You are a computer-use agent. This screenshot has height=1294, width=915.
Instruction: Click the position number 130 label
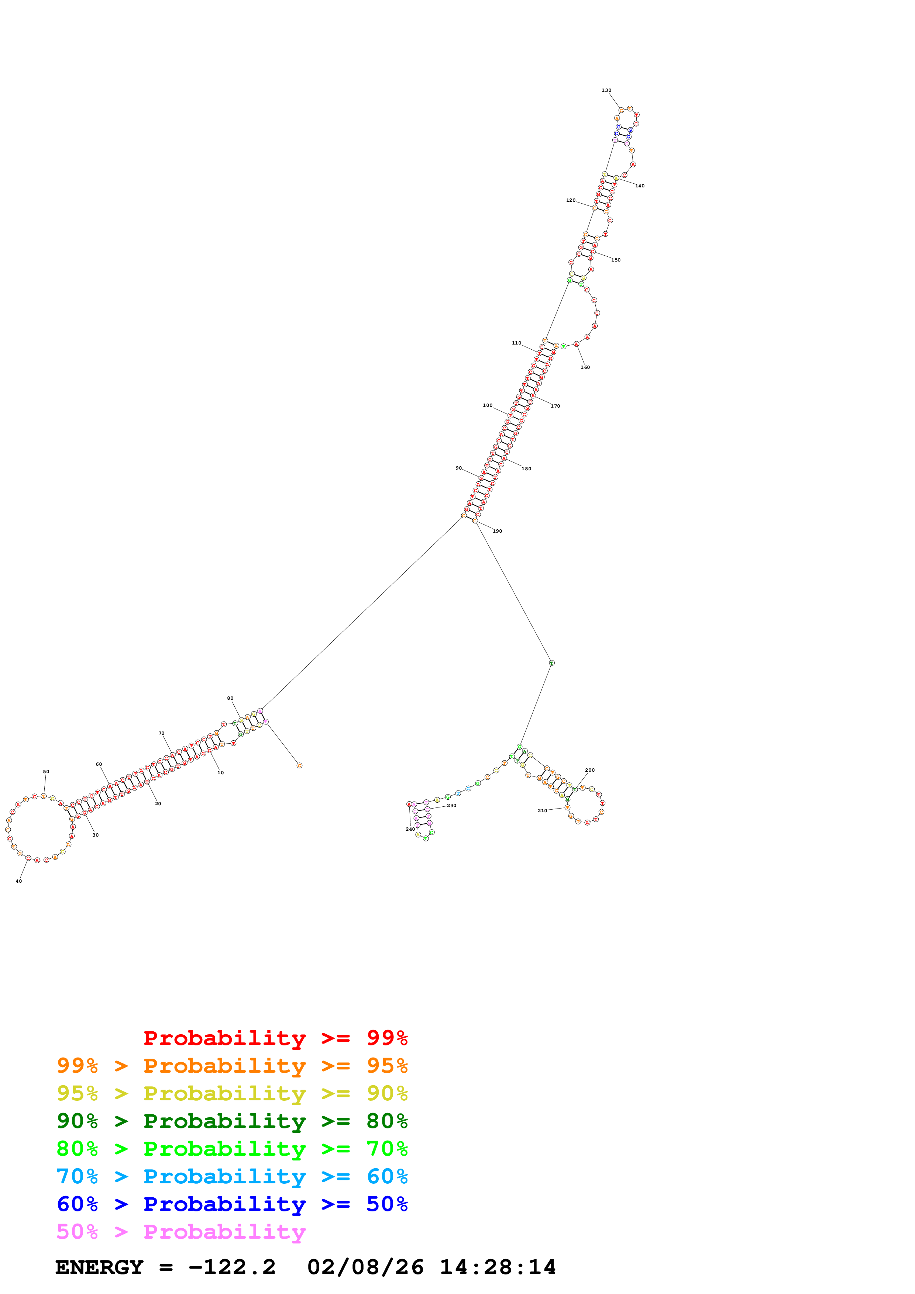click(x=606, y=90)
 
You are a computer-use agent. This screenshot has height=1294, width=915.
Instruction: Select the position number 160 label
click(x=585, y=367)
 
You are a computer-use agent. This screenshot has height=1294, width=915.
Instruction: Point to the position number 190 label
click(x=497, y=531)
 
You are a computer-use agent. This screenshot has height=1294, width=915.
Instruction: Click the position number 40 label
click(x=18, y=881)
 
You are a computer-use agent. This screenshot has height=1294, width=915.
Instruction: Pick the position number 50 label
click(x=46, y=772)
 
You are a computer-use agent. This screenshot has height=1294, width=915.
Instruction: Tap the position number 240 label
click(x=410, y=829)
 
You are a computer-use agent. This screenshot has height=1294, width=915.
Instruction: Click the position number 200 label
click(x=590, y=770)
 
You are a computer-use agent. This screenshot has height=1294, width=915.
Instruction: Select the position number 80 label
click(x=230, y=698)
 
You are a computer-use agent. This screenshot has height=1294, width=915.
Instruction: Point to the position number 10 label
click(x=220, y=773)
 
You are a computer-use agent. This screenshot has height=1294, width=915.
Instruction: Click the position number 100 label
click(x=487, y=405)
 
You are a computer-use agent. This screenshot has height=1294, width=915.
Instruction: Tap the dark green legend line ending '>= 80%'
click(x=232, y=1121)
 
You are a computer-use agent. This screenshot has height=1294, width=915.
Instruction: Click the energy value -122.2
click(x=232, y=1267)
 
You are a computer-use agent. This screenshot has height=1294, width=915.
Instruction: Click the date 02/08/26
click(x=365, y=1267)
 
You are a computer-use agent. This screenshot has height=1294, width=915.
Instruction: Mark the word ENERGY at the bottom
click(x=99, y=1267)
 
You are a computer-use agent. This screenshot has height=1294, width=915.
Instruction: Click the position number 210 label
click(x=542, y=810)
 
